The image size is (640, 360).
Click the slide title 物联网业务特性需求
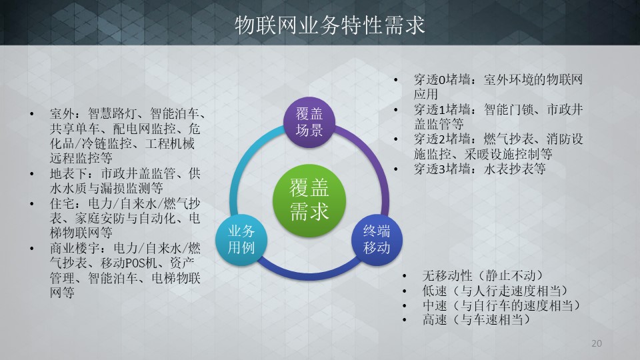point(330,25)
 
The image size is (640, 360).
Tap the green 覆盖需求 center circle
point(309,201)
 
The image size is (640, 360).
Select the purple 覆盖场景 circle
point(309,122)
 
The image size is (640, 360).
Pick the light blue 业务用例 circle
point(241,239)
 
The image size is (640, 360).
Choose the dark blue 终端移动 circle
point(377,239)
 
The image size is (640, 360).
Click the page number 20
point(596,343)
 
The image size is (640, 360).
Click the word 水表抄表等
point(515,169)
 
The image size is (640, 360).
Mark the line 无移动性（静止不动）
point(483,275)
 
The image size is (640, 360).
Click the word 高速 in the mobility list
point(435,319)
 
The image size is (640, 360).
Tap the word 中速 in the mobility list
point(435,305)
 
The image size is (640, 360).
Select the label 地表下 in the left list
point(69,173)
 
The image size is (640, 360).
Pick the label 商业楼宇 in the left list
point(75,248)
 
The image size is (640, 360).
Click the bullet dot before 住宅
point(32,204)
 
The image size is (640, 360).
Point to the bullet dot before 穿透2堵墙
point(395,139)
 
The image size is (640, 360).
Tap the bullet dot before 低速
point(404,291)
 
